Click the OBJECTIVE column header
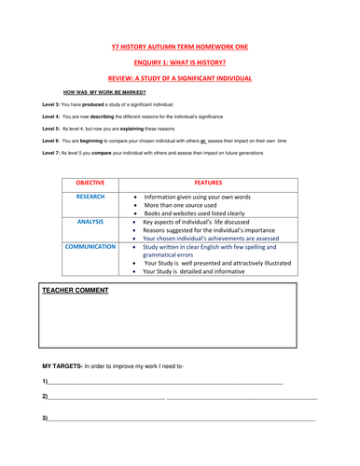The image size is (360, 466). point(90,184)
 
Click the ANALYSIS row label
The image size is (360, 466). point(90,223)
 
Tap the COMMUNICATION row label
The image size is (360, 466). point(90,247)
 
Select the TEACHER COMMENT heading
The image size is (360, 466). point(76,290)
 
